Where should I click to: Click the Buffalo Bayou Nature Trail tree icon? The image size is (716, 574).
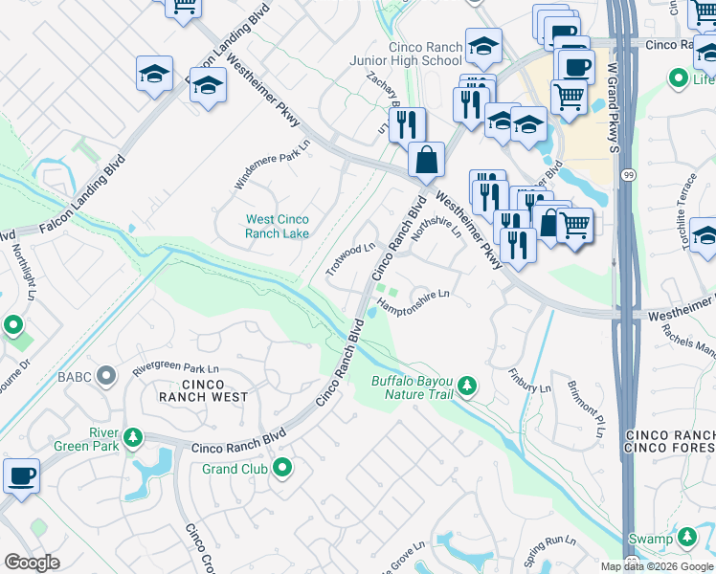click(x=467, y=386)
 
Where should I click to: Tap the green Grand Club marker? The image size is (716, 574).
click(x=282, y=468)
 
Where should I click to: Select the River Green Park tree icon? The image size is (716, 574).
click(x=134, y=438)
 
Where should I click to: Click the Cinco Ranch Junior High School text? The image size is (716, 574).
click(x=425, y=54)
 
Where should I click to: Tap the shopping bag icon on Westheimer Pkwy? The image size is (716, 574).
click(x=426, y=161)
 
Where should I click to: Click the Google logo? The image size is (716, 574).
click(x=32, y=563)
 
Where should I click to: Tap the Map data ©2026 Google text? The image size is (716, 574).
click(x=656, y=566)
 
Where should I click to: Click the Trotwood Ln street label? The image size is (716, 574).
click(x=349, y=258)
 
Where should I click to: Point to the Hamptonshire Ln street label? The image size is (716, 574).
click(x=414, y=301)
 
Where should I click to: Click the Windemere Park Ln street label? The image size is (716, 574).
click(x=273, y=165)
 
